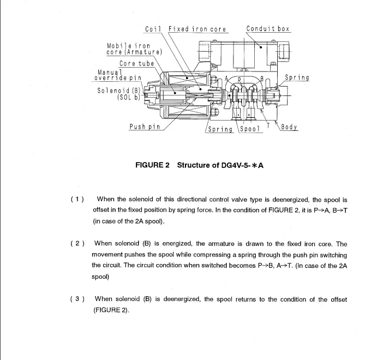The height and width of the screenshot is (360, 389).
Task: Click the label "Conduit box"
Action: [268, 28]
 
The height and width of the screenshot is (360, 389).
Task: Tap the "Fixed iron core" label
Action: [198, 29]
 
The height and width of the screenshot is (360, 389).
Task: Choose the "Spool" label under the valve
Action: [248, 130]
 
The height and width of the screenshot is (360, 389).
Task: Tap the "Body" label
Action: [289, 127]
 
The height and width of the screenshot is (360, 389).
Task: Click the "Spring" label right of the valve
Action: [297, 77]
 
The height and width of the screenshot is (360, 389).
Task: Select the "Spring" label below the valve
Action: [219, 130]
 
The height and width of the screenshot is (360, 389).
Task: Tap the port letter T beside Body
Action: [268, 124]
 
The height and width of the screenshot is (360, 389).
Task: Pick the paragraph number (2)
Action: [77, 243]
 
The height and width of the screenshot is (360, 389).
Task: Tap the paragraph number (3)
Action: [77, 299]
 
